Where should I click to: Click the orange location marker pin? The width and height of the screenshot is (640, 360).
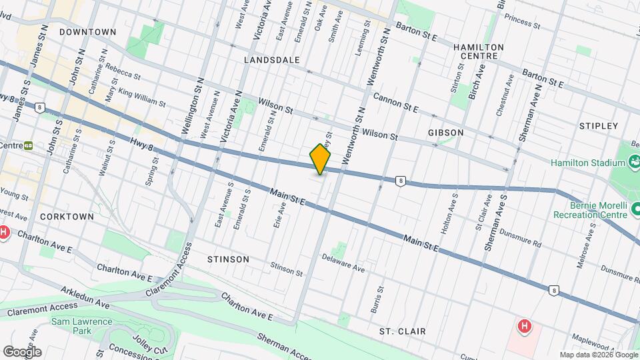pyautogui.click(x=321, y=159)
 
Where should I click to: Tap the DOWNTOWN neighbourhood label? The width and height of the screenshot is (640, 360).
pyautogui.click(x=87, y=31)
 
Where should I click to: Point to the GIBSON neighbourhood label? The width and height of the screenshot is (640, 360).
pyautogui.click(x=446, y=133)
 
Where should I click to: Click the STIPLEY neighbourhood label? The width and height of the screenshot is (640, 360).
pyautogui.click(x=599, y=125)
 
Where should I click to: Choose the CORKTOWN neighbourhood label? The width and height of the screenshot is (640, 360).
pyautogui.click(x=67, y=217)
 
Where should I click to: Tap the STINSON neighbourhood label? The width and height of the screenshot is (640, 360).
pyautogui.click(x=228, y=259)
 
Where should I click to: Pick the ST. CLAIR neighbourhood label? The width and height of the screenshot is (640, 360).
pyautogui.click(x=402, y=331)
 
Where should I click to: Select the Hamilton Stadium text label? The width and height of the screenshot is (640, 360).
pyautogui.click(x=587, y=163)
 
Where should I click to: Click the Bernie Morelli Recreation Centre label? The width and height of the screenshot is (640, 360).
pyautogui.click(x=589, y=209)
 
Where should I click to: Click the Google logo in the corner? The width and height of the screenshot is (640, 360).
pyautogui.click(x=22, y=351)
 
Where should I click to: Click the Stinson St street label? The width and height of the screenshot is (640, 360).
pyautogui.click(x=287, y=269)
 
